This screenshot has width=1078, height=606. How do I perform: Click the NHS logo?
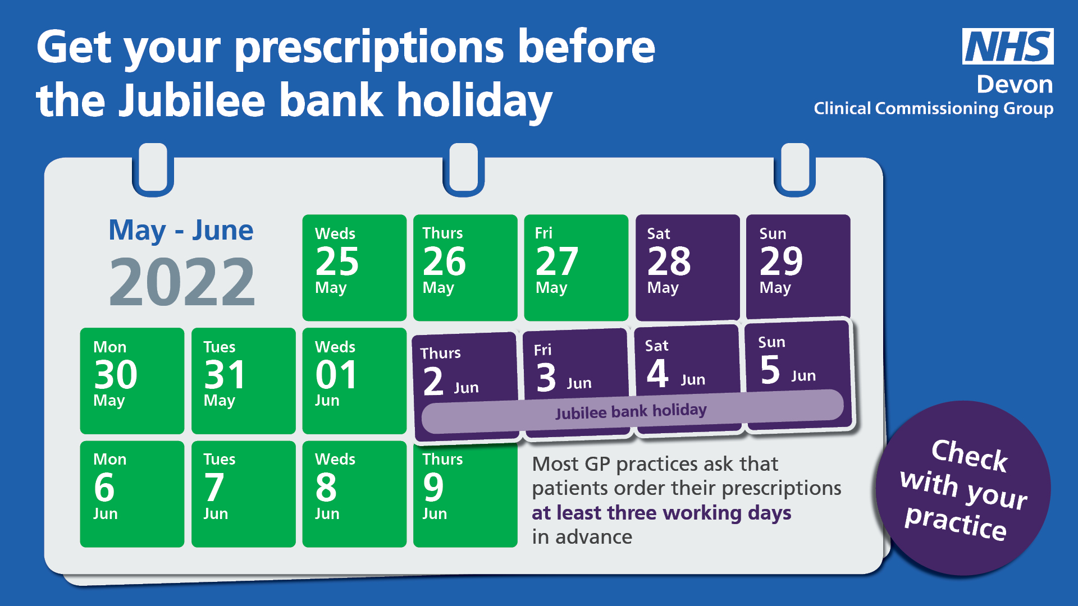[x=1008, y=46]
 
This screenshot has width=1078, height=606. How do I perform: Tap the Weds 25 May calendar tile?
[x=354, y=268]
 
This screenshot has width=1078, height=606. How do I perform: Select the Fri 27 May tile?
[x=576, y=268]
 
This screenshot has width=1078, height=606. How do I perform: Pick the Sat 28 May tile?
[x=687, y=267]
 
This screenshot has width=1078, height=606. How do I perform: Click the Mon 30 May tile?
[x=132, y=381]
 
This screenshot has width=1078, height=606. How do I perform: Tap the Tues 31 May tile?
[x=243, y=381]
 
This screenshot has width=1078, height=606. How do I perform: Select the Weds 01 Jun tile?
[x=354, y=381]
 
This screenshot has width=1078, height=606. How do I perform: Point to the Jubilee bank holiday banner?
[x=632, y=411]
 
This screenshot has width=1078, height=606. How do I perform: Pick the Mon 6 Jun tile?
[x=132, y=494]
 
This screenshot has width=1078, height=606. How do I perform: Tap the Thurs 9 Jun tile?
[x=465, y=494]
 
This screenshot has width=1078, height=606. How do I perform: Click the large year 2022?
[x=182, y=282]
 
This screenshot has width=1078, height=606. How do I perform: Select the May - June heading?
[x=181, y=230]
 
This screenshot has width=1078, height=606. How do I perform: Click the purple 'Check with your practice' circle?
[x=963, y=488]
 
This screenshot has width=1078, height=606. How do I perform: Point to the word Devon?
[x=1015, y=85]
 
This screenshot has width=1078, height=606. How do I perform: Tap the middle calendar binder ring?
[x=463, y=169]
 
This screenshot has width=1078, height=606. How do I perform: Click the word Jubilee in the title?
[x=192, y=100]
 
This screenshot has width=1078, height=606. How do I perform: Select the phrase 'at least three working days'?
[x=661, y=513]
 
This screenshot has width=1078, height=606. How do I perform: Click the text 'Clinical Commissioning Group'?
[x=934, y=109]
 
